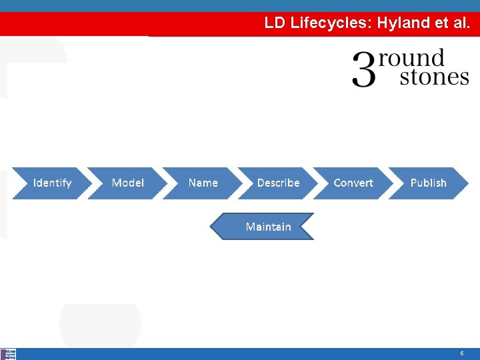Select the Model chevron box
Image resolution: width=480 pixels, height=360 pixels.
click(127, 183)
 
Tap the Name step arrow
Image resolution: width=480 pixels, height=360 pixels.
click(203, 183)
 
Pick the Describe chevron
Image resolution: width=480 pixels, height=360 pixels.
click(278, 183)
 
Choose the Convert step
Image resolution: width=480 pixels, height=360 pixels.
click(353, 183)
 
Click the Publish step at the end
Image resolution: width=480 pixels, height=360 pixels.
click(428, 183)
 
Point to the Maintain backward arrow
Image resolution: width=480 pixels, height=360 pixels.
click(267, 227)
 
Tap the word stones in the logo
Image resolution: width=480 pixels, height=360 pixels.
click(434, 77)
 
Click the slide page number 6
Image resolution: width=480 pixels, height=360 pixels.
click(461, 353)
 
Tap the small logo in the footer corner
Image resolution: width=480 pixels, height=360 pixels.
click(9, 354)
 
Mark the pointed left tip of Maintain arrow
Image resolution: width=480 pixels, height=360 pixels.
click(212, 227)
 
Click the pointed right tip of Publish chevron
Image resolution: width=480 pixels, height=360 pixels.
click(467, 183)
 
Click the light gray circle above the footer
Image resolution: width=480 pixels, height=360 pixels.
click(100, 323)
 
